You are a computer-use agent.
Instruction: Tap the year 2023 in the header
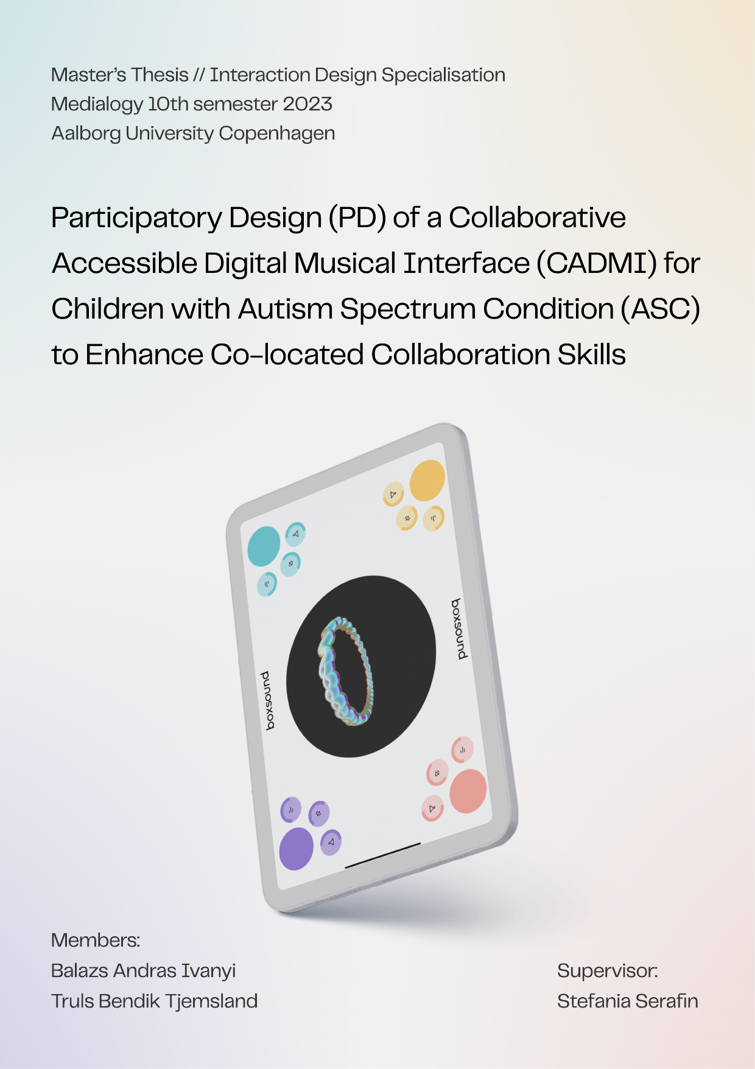coord(307,104)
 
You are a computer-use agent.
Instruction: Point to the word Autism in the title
coord(286,309)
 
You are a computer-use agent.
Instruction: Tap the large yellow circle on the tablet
coord(427,481)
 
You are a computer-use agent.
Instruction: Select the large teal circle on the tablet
coord(264,546)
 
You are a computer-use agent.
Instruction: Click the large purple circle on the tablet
coord(296,848)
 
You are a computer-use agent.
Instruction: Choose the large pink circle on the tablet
coord(468,791)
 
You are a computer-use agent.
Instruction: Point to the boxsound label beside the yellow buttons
coord(460,629)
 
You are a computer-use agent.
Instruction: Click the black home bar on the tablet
coord(383,855)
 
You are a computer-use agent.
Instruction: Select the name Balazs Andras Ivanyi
coord(143,971)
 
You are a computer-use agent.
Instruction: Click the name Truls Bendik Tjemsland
coord(155,1001)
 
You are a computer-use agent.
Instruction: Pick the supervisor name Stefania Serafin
coord(628,1001)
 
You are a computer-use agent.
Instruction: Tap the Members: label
coord(96,940)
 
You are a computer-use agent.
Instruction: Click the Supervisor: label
coord(608,971)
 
